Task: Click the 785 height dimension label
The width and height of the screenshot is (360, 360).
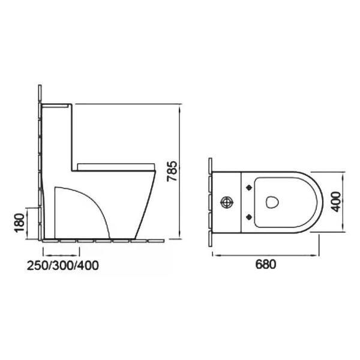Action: point(172,171)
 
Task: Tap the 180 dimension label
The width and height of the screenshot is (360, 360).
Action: point(20,223)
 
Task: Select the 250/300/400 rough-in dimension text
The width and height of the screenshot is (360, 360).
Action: point(63,265)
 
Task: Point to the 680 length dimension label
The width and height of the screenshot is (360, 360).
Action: point(266,264)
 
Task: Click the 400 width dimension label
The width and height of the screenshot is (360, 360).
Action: point(337,202)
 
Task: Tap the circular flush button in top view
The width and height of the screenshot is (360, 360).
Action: point(227,202)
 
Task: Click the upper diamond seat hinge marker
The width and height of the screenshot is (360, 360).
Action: point(249,188)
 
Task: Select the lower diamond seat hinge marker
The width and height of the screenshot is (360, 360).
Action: point(249,217)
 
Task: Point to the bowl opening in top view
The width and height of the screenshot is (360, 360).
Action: point(272,202)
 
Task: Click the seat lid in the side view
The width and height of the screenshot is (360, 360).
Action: point(116,167)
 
